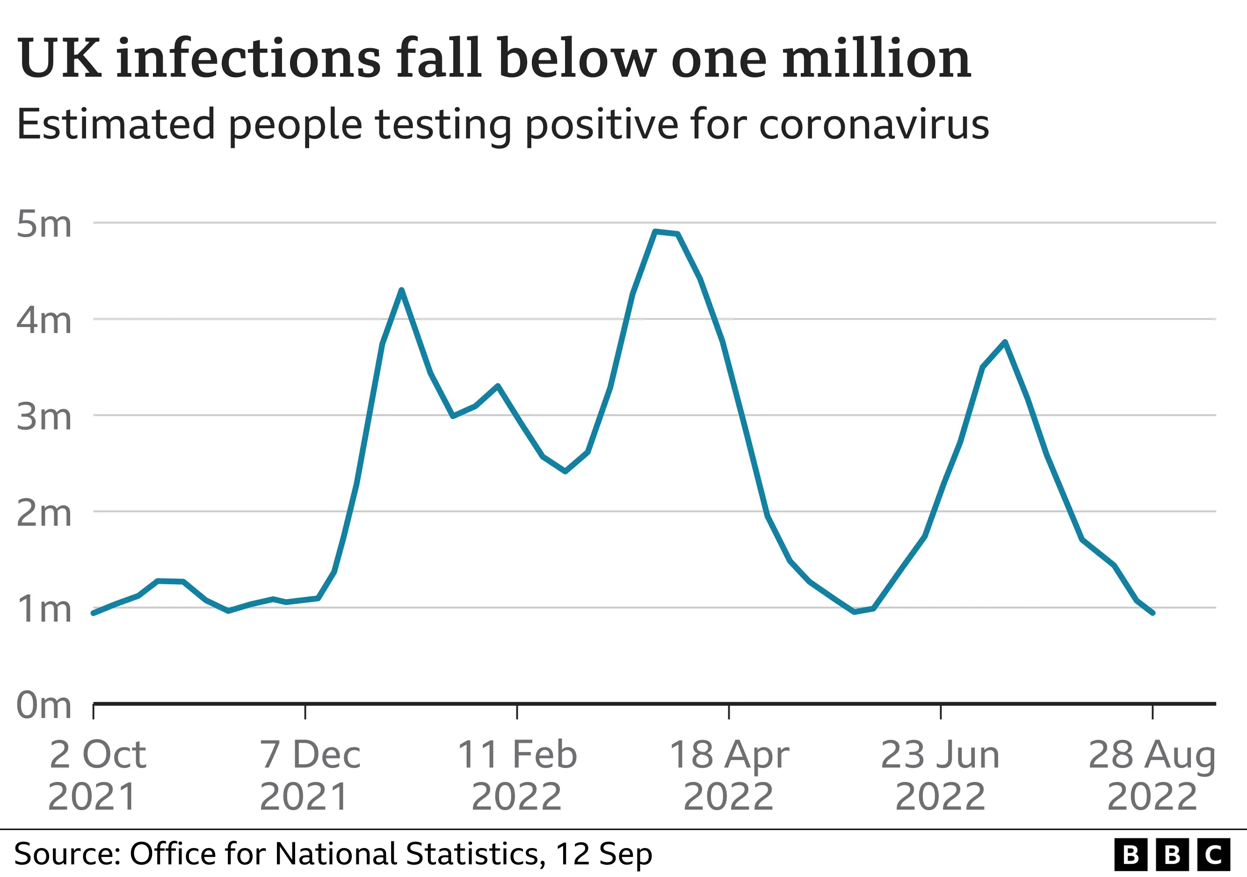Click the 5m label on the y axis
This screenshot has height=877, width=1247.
[x=44, y=224]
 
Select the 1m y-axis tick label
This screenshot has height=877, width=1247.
[x=44, y=609]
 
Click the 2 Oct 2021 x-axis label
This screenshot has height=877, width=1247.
[x=95, y=776]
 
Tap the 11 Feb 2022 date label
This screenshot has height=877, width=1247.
[x=517, y=776]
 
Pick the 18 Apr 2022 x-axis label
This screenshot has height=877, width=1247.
[x=729, y=776]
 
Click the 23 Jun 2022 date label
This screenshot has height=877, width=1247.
[x=940, y=776]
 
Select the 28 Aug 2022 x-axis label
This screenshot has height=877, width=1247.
[x=1152, y=776]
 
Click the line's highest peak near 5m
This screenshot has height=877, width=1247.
[x=656, y=232]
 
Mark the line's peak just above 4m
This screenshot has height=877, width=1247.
[x=401, y=290]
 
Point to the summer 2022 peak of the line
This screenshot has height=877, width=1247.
[x=1005, y=341]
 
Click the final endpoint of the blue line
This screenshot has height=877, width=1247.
[x=1153, y=613]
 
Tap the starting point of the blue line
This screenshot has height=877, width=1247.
[x=94, y=613]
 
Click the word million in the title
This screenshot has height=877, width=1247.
[x=876, y=58]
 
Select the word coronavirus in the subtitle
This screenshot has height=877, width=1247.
[x=873, y=125]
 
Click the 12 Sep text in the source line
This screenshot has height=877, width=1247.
[x=603, y=854]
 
